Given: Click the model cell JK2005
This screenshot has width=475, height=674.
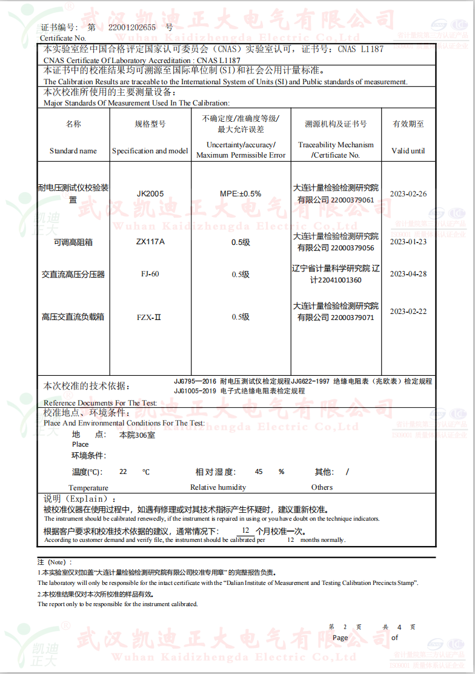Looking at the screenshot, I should pos(150,194).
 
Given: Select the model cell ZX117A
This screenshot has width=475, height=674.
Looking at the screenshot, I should pos(150,242).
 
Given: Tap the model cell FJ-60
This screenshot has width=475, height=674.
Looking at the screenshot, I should pos(150,274).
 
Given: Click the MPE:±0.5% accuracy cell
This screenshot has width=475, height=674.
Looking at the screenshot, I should pos(241,194).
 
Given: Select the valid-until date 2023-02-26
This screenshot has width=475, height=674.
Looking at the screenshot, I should pos(408,194).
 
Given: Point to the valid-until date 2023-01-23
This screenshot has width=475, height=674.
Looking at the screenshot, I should pos(408,242).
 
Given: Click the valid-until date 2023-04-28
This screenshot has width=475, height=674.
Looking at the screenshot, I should pos(408,274).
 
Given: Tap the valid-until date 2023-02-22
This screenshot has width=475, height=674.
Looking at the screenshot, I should pos(408,312).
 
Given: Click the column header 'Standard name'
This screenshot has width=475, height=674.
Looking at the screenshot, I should pos(73,151).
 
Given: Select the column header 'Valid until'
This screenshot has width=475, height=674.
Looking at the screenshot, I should pos(408,151).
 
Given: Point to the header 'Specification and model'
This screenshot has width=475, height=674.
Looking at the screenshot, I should pos(150,151).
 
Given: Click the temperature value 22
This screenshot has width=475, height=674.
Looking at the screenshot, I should pos(124,472).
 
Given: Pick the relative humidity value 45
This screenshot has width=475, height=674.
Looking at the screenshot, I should pos(259,472).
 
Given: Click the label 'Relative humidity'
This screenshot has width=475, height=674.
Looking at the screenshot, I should pos(218,487).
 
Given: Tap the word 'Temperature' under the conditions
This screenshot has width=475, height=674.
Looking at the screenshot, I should pos(88,488).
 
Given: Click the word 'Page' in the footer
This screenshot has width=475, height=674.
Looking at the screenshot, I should pos(340,638).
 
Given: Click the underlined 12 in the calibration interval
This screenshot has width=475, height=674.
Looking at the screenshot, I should pos(245,530).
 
